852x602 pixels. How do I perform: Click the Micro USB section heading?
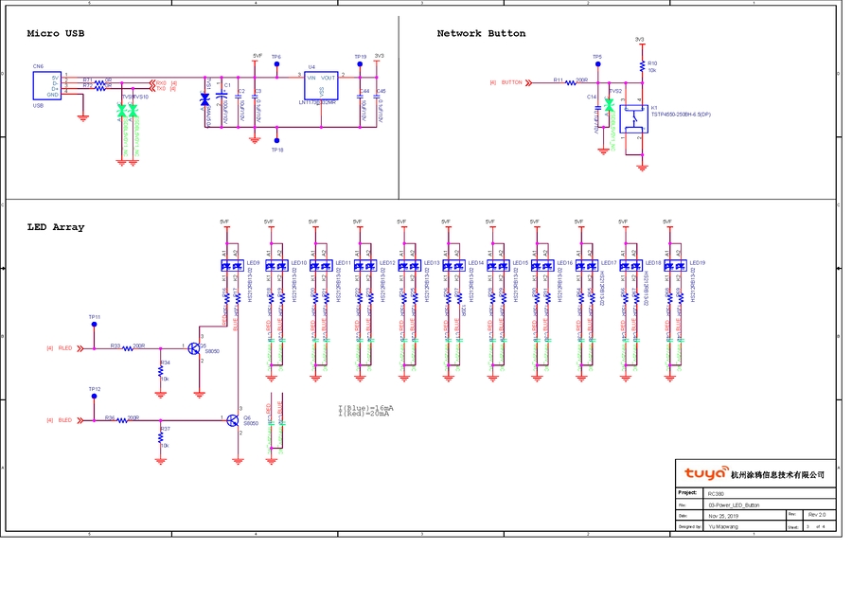[x=56, y=34]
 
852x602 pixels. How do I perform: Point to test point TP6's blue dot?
[x=276, y=64]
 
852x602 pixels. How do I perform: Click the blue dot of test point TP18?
[x=276, y=142]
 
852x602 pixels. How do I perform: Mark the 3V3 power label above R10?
[x=640, y=40]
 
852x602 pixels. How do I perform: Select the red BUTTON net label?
[x=511, y=82]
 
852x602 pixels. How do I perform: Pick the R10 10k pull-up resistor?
[x=642, y=66]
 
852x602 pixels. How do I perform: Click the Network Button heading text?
[x=481, y=34]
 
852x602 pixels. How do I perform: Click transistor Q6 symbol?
[x=234, y=419]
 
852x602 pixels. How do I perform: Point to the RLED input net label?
[x=65, y=348]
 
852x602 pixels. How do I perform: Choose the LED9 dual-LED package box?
[x=231, y=266]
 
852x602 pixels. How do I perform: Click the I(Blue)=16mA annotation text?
[x=365, y=407]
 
